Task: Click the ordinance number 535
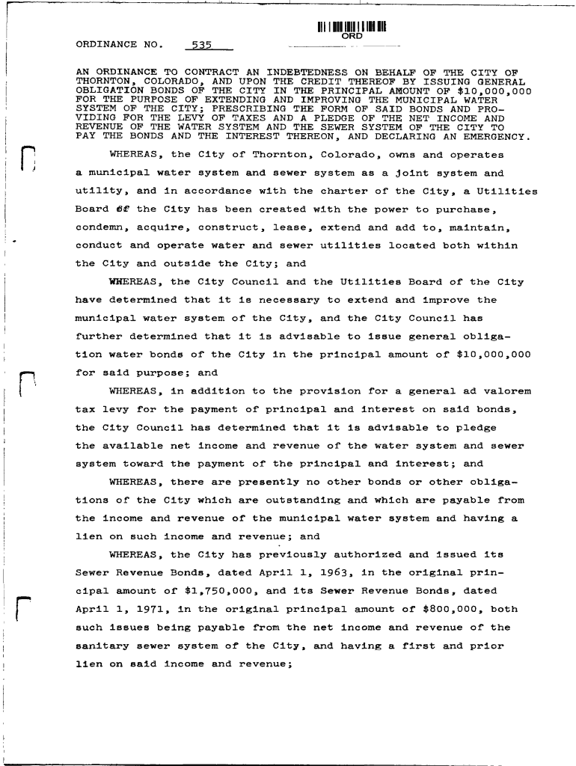click(203, 44)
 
